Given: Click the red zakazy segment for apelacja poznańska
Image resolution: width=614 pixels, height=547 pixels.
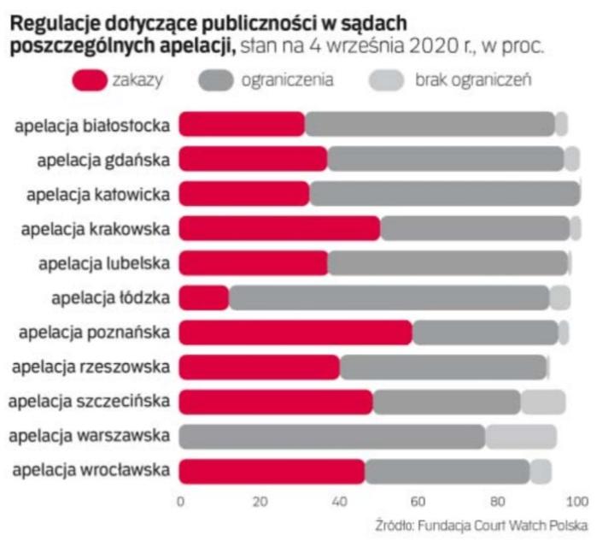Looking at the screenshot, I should tap(295, 332).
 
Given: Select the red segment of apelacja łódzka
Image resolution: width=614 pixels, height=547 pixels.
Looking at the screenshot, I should tap(204, 297).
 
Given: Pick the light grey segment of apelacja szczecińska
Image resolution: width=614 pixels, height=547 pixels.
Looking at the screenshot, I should tap(543, 402).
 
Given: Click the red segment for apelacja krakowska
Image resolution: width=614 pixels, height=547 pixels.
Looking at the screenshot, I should tap(279, 228).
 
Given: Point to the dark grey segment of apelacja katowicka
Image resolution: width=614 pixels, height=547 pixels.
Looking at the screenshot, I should tap(444, 194).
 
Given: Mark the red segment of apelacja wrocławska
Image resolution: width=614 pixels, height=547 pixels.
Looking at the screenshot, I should tap(272, 471).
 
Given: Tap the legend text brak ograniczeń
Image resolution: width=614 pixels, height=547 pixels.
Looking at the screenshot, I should tap(474, 81).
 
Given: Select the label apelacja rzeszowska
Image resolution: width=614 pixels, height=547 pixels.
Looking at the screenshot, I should tap(91, 368).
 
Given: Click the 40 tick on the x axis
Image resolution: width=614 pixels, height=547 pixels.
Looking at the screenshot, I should tap(339, 501).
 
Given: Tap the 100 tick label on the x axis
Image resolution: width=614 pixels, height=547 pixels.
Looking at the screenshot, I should tap(578, 501).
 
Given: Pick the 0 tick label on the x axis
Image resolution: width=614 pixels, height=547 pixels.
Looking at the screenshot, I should tap(179, 501).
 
